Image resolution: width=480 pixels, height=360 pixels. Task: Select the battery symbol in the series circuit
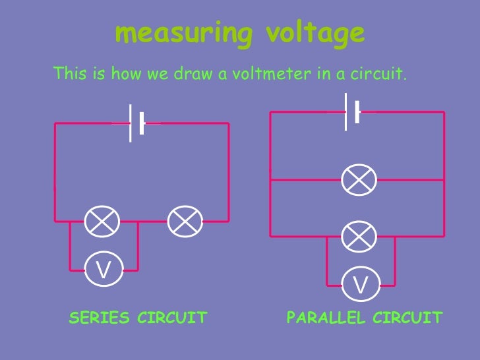coord(136,123)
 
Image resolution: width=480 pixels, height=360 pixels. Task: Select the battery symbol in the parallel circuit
coord(352,111)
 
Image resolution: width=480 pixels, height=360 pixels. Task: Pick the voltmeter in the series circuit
coord(104,270)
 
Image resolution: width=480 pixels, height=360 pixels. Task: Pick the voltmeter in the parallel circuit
coord(361,285)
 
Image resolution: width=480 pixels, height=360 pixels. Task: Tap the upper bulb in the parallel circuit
coord(359,179)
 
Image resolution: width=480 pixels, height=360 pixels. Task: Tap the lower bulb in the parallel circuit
coord(359,236)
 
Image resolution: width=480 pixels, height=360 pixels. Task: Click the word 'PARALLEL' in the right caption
coord(326,318)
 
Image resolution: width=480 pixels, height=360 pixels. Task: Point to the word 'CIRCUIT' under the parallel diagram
coord(407,318)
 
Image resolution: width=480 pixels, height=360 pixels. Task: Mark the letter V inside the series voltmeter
coord(104,270)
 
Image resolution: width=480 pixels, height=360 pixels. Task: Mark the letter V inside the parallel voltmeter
coord(361,285)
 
